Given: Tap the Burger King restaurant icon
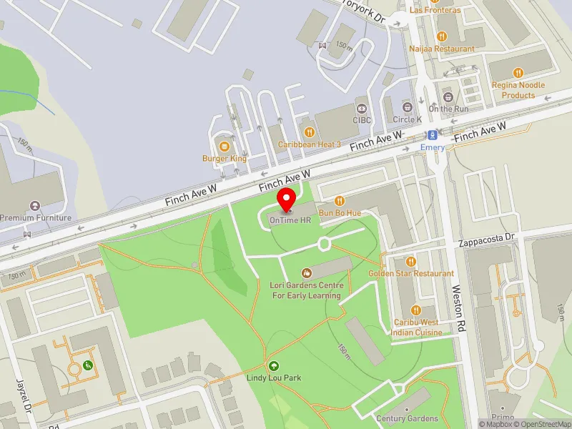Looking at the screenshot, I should [x=225, y=146].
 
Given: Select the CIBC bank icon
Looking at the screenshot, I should [x=363, y=108].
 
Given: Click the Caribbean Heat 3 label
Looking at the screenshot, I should [x=309, y=144].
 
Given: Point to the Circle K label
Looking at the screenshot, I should [x=408, y=119].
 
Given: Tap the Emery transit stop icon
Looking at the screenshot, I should [x=432, y=134].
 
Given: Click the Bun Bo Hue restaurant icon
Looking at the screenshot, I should [x=340, y=201].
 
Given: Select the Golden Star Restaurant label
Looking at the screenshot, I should [x=411, y=273].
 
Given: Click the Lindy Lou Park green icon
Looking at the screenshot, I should [x=272, y=365].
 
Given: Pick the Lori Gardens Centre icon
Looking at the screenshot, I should [x=307, y=272].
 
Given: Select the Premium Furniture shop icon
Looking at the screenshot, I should [x=36, y=205].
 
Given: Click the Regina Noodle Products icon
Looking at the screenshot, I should [x=518, y=72].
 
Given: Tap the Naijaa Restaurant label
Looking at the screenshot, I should [x=442, y=49].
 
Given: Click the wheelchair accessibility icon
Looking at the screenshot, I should [x=89, y=365].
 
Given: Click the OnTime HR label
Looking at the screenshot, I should [x=290, y=220].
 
